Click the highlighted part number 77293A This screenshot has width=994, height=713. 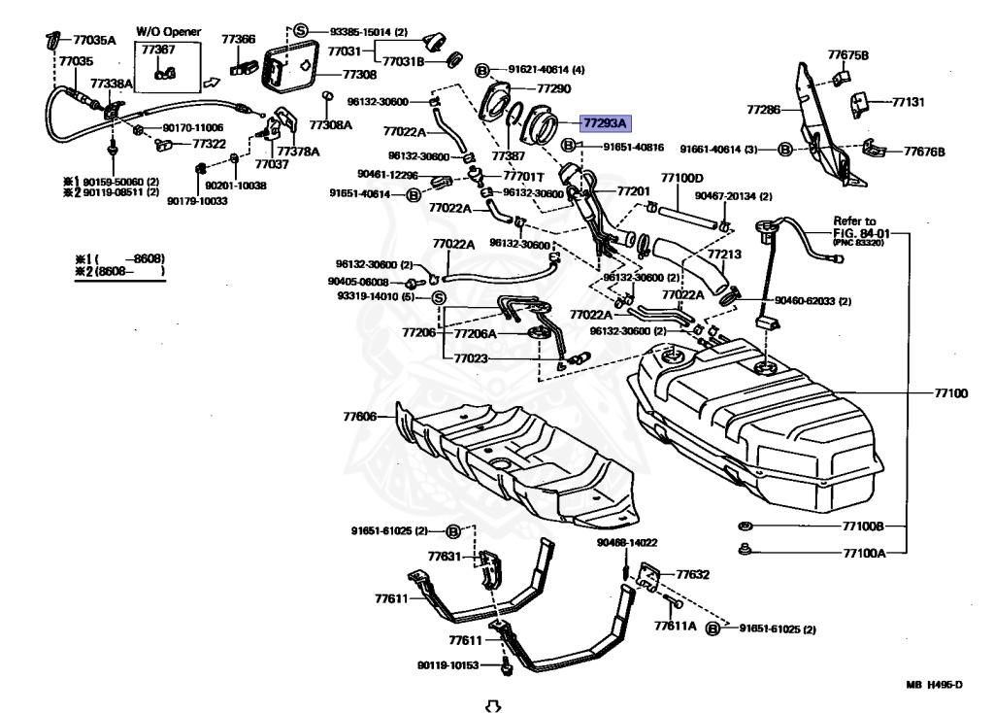pos(605,122)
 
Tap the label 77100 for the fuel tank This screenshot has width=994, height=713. pos(951,393)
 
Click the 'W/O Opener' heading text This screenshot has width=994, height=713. pos(168,31)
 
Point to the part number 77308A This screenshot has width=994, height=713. pos(330,124)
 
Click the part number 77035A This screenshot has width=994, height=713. pos(94,40)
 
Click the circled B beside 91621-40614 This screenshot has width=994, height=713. pos(481,70)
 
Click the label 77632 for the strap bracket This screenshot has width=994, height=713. pos(693,574)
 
